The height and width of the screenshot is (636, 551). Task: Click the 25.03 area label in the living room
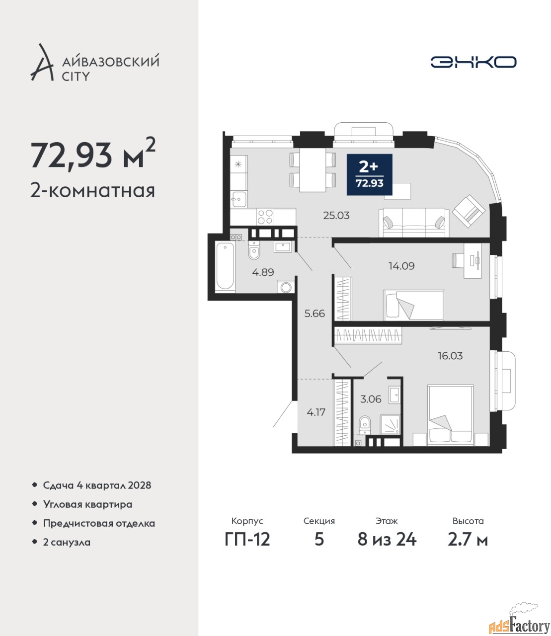point(336,215)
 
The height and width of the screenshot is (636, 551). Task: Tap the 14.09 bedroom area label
point(401,265)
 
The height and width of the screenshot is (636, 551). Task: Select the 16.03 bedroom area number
point(450,356)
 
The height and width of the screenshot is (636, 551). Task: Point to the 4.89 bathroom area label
point(263,272)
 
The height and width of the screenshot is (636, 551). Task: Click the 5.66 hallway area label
point(315,313)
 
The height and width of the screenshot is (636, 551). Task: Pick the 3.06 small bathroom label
point(371,399)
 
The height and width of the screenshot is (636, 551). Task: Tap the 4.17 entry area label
point(316,412)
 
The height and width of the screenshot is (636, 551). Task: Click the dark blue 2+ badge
point(370,174)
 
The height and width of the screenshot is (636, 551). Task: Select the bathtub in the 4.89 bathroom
point(225,266)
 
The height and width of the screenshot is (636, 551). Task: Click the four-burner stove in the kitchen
point(265,217)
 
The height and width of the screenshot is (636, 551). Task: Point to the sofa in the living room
point(414,222)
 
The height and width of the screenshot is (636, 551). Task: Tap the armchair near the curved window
point(469,211)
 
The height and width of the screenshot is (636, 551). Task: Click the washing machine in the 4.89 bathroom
point(286,287)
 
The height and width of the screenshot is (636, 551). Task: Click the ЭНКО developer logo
point(473,62)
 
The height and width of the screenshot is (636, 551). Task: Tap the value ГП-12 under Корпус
point(247,539)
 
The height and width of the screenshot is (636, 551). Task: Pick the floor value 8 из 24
point(387,539)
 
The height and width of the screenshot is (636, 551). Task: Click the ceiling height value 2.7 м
point(468,539)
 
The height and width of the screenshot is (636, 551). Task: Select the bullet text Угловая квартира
point(87,504)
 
